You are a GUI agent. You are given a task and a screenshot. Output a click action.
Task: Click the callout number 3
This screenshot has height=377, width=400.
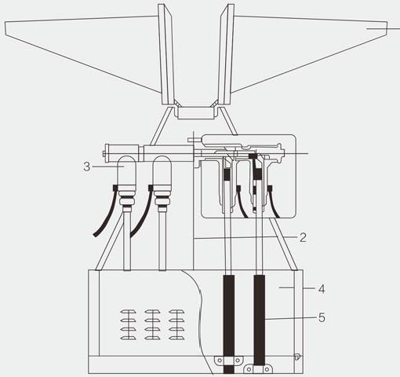click(x=87, y=167)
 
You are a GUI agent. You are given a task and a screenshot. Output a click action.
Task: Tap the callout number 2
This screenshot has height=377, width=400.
click(x=303, y=237)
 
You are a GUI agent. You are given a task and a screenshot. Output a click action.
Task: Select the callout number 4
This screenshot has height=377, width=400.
click(x=322, y=289)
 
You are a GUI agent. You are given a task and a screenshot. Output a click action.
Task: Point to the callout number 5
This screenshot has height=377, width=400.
click(x=322, y=317)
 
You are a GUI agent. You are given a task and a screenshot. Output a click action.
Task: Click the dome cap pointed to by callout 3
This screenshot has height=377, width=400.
click(x=126, y=171)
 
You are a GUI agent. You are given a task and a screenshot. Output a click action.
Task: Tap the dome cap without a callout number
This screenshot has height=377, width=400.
click(x=162, y=171)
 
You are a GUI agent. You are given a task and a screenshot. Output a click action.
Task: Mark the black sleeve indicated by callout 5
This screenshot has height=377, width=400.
click(x=260, y=320)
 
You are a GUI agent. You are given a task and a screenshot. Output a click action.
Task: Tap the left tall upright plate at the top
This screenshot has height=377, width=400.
click(x=166, y=54)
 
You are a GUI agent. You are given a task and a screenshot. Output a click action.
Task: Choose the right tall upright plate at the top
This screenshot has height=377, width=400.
click(x=224, y=54)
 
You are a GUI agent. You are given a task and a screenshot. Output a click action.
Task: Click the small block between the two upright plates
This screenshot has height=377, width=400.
click(x=196, y=113)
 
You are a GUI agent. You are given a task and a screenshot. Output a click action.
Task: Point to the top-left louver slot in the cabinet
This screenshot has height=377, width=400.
click(x=128, y=312)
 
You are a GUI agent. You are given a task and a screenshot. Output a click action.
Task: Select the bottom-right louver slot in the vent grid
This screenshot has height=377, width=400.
click(x=176, y=338)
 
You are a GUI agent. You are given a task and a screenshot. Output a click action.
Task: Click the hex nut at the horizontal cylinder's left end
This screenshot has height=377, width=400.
click(x=104, y=154)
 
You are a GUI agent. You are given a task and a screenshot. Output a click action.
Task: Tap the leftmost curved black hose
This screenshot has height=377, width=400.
click(x=105, y=211)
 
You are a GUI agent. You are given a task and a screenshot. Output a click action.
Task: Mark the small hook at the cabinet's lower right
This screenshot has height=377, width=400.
click(x=297, y=357)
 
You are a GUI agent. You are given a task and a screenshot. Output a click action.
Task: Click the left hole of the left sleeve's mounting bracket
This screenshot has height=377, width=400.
click(x=220, y=361)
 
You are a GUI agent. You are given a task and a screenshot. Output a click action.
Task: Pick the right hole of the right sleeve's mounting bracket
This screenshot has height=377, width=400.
click(x=267, y=370)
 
